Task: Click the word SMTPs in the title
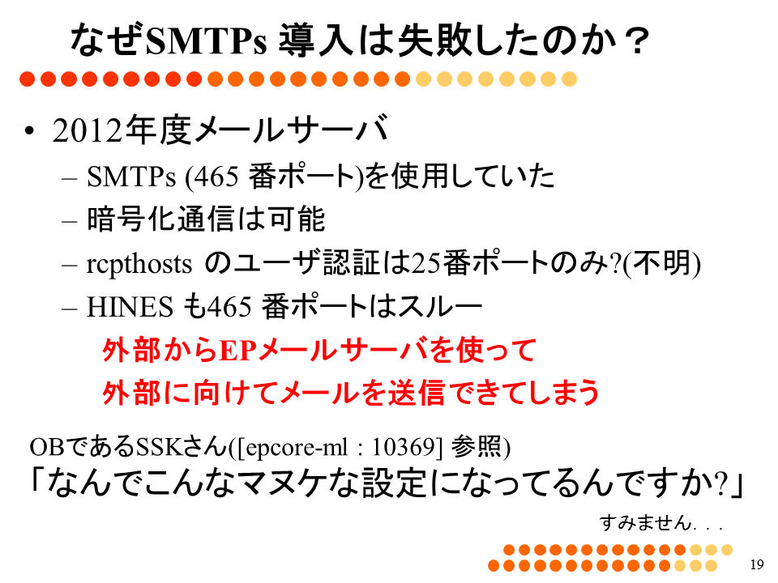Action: [207, 40]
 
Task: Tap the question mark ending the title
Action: [637, 40]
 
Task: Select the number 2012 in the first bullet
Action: [87, 131]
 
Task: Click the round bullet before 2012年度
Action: [29, 131]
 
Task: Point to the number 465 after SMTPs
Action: [217, 176]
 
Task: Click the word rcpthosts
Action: [139, 264]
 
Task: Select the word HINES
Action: [130, 306]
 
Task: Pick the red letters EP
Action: [237, 350]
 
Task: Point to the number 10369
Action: [404, 447]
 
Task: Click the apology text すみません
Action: [645, 522]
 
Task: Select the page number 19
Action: [757, 564]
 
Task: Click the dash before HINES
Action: [70, 308]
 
